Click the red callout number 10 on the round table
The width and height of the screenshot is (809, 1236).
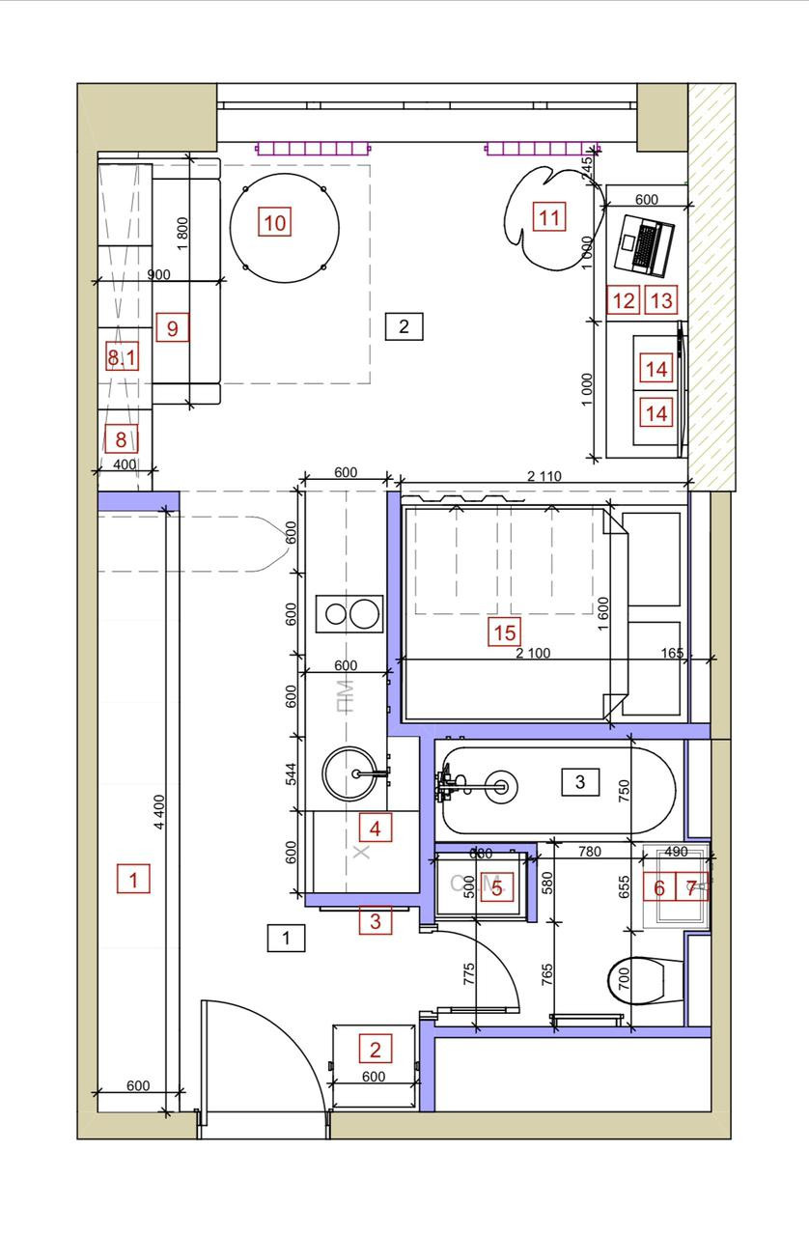[274, 223]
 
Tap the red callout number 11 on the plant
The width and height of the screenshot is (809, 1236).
[548, 217]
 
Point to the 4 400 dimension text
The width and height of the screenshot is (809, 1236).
[158, 821]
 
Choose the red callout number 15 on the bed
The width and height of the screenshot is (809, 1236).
[504, 633]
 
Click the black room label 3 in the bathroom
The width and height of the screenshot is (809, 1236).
[579, 781]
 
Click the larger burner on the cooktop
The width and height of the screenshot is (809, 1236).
[364, 613]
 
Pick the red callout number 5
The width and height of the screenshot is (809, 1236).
[496, 888]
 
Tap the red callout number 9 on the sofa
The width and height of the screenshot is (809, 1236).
[172, 328]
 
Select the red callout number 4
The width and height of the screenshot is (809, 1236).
[376, 828]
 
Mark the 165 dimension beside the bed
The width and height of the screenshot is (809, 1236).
[673, 654]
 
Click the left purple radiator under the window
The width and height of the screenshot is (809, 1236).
[313, 149]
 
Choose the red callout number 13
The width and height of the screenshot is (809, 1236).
[660, 300]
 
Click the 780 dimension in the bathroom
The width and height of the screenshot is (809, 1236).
[588, 851]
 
